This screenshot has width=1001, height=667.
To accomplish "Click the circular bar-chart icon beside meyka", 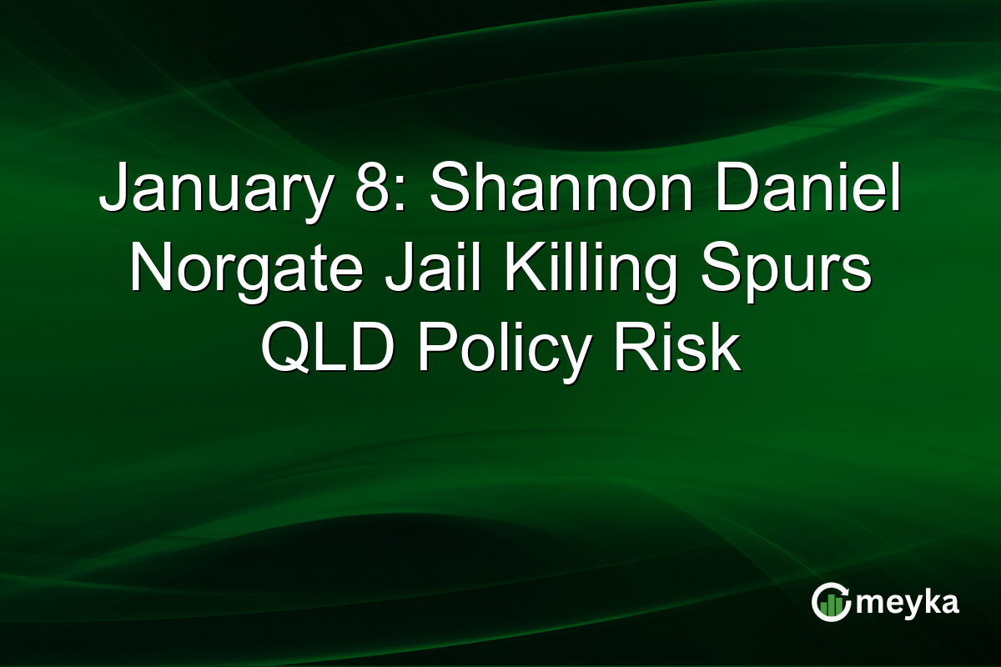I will [x=832, y=602].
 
